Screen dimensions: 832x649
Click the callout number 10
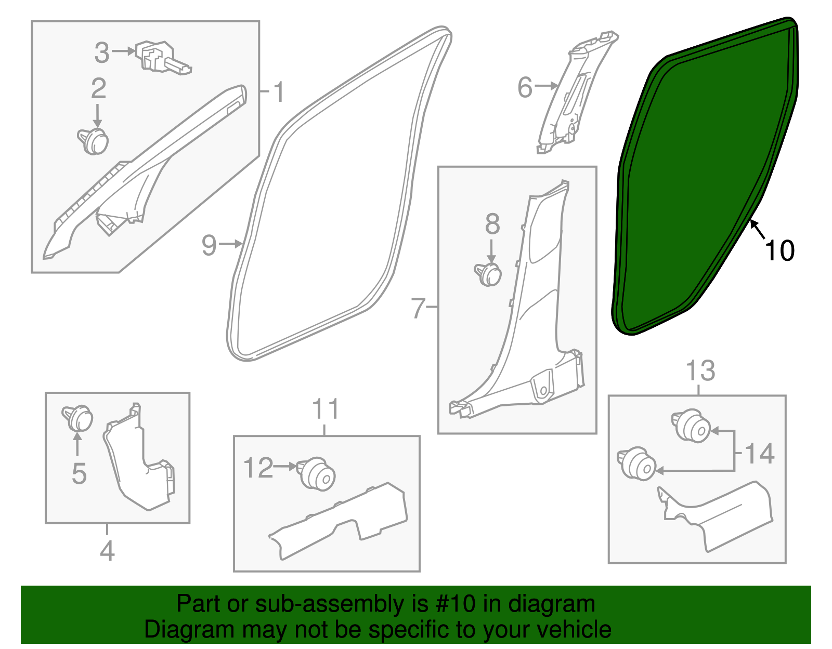tap(779, 250)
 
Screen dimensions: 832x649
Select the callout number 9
tap(209, 245)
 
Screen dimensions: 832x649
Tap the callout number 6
tap(525, 87)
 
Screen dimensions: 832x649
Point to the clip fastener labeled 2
tap(93, 141)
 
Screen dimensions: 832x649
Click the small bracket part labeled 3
tap(163, 58)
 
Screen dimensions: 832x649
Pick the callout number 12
tap(258, 467)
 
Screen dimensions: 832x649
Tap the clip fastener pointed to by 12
tap(317, 474)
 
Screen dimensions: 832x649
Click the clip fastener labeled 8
tap(488, 274)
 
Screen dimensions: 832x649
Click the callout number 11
tap(326, 409)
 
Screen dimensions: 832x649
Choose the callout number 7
tap(418, 308)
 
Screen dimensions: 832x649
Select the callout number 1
tap(279, 92)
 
